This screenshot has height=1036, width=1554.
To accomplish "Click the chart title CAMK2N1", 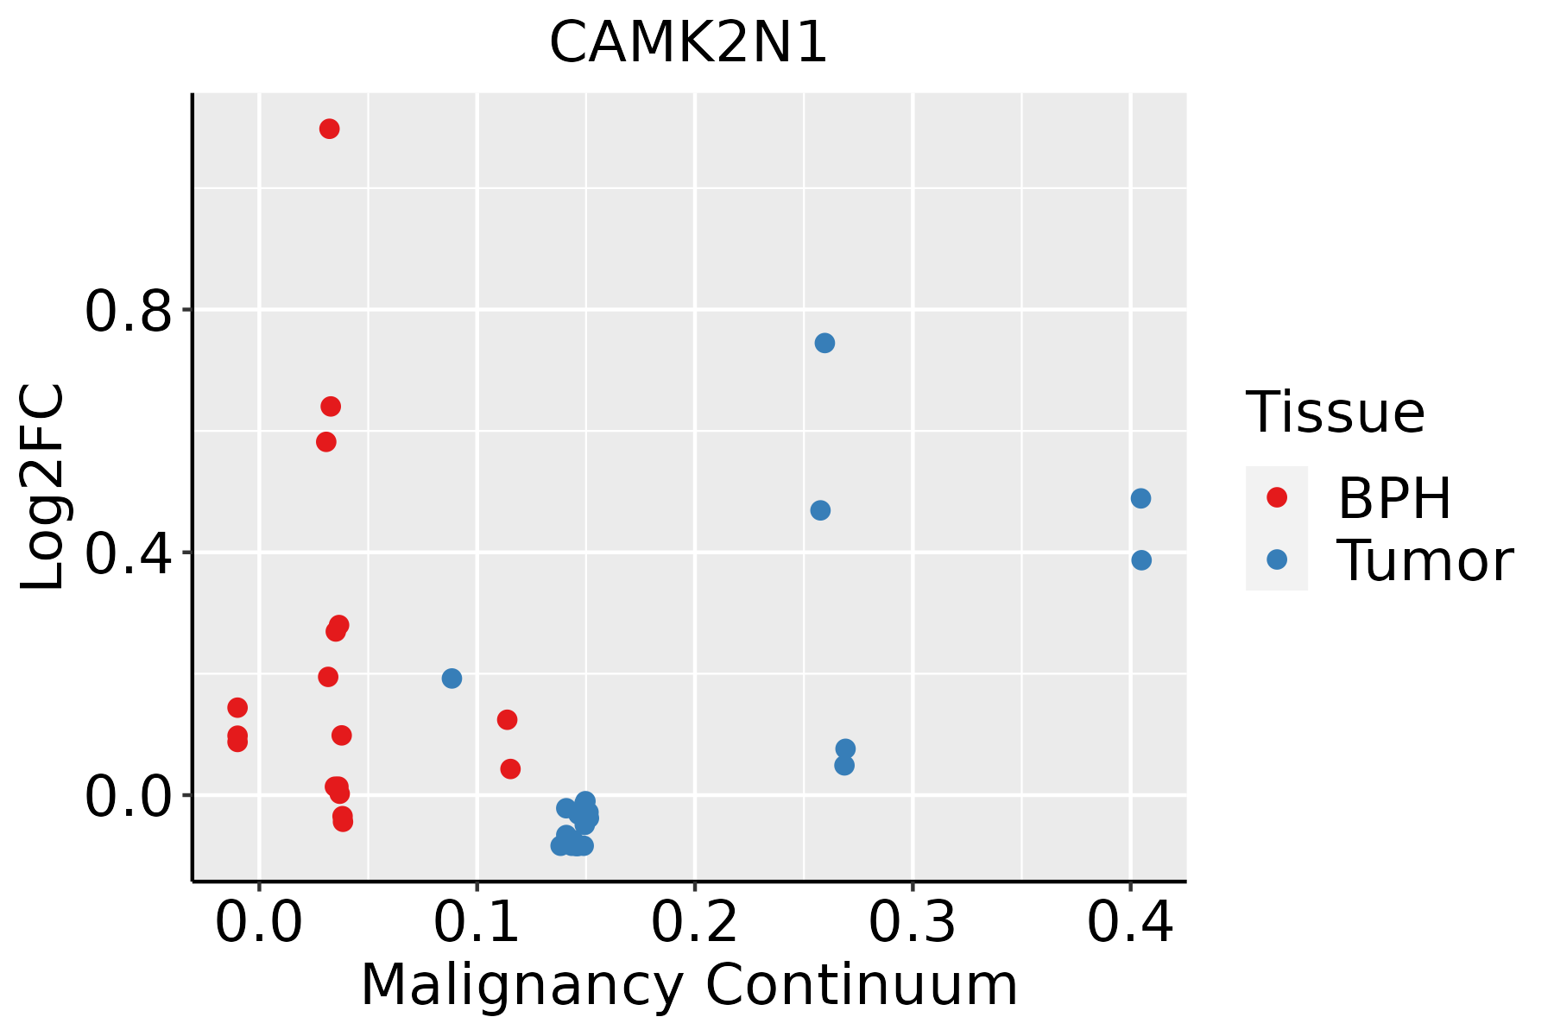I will (688, 43).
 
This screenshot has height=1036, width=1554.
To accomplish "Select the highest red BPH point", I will (329, 129).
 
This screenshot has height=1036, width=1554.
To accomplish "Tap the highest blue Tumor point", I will (824, 344).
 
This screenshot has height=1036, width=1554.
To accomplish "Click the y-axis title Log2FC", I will (43, 488).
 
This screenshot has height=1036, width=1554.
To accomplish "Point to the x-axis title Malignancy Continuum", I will (688, 985).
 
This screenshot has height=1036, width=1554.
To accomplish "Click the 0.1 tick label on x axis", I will (477, 922).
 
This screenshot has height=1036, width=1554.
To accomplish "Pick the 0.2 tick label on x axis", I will (694, 922).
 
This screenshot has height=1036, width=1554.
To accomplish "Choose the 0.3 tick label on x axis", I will (912, 922).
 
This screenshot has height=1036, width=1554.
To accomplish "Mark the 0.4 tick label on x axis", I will (1129, 922).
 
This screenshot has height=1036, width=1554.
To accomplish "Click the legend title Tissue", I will (1335, 413).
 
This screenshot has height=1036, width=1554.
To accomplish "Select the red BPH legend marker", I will (1276, 497).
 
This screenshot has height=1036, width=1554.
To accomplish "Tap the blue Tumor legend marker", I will (1276, 559).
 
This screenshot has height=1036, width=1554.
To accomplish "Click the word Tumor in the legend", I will (1424, 561).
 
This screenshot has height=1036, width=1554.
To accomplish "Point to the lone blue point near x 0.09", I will (452, 679).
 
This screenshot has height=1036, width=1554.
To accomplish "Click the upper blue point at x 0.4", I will (1140, 499).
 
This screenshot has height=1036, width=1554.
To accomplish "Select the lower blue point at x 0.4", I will (1141, 561).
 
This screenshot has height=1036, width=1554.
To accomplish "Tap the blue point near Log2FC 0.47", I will (820, 511).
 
